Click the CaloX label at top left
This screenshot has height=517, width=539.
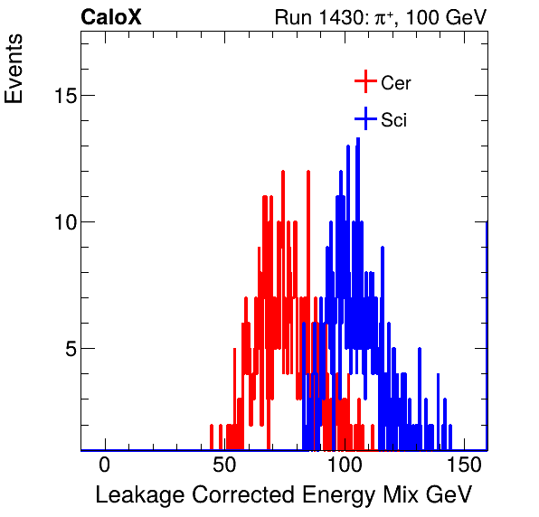pyautogui.click(x=111, y=17)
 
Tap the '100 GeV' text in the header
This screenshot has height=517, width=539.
pyautogui.click(x=446, y=17)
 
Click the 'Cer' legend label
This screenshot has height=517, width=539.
pyautogui.click(x=396, y=83)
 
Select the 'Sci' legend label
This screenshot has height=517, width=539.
pyautogui.click(x=393, y=120)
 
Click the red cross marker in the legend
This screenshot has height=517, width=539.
pyautogui.click(x=364, y=82)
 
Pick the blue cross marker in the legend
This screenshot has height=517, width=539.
pyautogui.click(x=364, y=119)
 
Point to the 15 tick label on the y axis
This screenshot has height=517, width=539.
pyautogui.click(x=61, y=96)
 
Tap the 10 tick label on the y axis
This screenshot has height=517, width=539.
pyautogui.click(x=61, y=222)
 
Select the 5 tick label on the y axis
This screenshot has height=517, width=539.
pyautogui.click(x=68, y=349)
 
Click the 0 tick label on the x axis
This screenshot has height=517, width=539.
pyautogui.click(x=105, y=465)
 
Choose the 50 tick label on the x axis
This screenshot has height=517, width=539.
pyautogui.click(x=224, y=465)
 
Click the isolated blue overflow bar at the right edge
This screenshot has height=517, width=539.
pyautogui.click(x=487, y=334)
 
